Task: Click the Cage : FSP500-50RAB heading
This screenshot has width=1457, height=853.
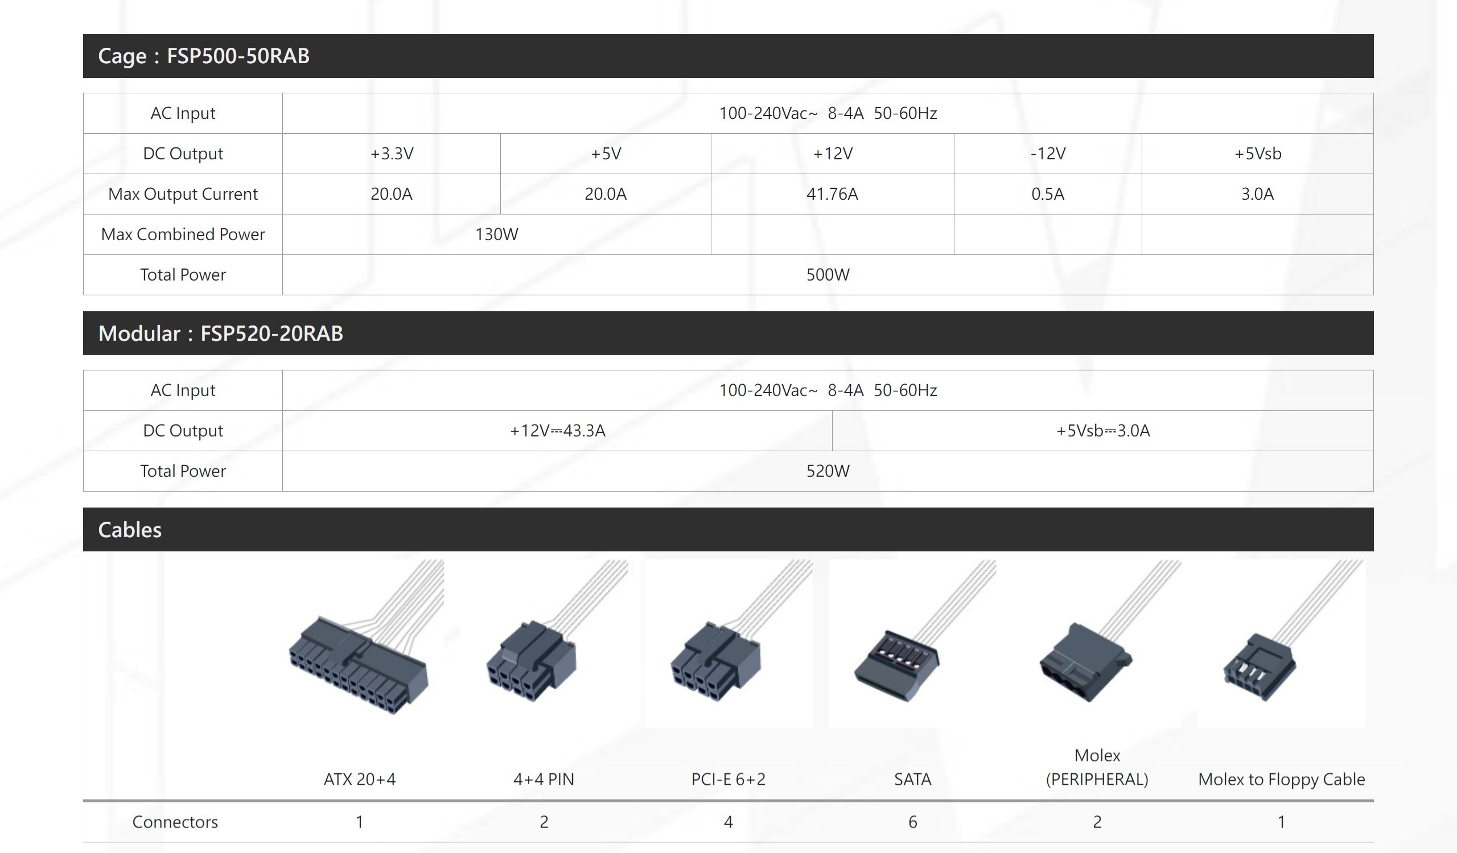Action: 204,56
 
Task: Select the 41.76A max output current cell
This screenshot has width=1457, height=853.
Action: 832,194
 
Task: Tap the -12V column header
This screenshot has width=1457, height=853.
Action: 1048,154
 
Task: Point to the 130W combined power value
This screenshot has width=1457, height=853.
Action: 496,234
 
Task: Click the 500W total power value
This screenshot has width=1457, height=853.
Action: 828,275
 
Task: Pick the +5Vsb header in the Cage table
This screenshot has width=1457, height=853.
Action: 1258,154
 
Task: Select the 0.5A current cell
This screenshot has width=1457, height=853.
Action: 1048,194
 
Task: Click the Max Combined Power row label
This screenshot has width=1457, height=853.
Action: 183,234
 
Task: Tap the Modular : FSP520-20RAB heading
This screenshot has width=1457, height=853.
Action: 220,333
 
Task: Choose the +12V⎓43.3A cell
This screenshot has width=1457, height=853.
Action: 557,431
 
